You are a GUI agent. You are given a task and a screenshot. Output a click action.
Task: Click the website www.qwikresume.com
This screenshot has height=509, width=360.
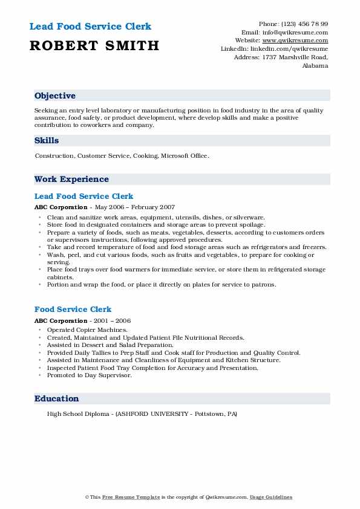[x=300, y=40]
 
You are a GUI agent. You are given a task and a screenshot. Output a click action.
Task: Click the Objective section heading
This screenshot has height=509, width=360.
[x=55, y=96]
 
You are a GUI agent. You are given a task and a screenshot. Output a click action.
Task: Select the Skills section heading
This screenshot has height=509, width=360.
[x=47, y=140]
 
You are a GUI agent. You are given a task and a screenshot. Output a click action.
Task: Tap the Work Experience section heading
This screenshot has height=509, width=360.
[x=71, y=179]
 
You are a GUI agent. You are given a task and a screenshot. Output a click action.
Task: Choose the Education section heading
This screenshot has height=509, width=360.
[x=57, y=398]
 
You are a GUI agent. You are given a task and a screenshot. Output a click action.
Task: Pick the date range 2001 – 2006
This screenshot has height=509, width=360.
[x=112, y=320]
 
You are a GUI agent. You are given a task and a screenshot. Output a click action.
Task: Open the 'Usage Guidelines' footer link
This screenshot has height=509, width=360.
[x=270, y=497]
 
